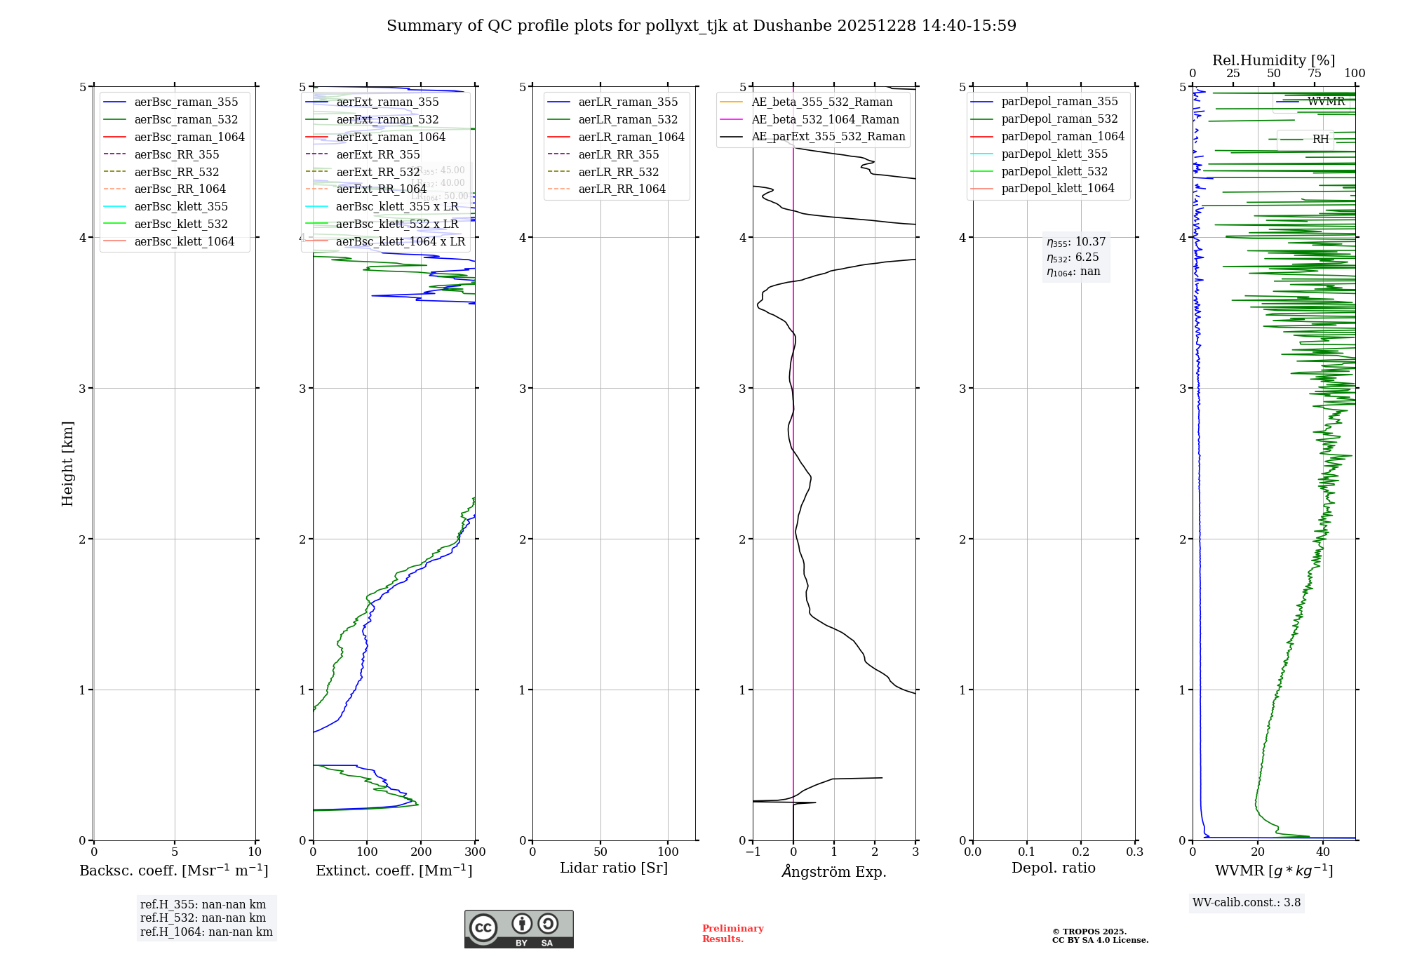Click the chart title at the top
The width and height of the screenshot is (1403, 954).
coord(701,26)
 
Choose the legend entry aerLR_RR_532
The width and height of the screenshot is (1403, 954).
coord(618,172)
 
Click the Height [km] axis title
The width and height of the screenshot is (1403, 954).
coord(67,464)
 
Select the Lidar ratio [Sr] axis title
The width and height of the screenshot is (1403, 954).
coord(614,868)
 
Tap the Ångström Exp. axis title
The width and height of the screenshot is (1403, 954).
coord(834,871)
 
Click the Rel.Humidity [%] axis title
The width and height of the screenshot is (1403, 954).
coord(1273,60)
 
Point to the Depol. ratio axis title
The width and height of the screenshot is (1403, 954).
coord(1053,868)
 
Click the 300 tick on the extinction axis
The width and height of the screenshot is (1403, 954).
coord(476,852)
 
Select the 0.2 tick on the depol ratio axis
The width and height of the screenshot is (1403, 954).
coord(1081,852)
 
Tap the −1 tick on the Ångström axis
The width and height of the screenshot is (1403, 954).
coord(753,852)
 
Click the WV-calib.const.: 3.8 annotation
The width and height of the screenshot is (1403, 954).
coord(1247,903)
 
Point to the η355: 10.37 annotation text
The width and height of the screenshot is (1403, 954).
coord(1076,242)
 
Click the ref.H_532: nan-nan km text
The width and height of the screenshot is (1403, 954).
coord(203,918)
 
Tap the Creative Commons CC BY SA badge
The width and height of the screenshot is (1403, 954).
coord(518,929)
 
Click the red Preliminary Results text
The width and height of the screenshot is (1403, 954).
coord(732,934)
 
